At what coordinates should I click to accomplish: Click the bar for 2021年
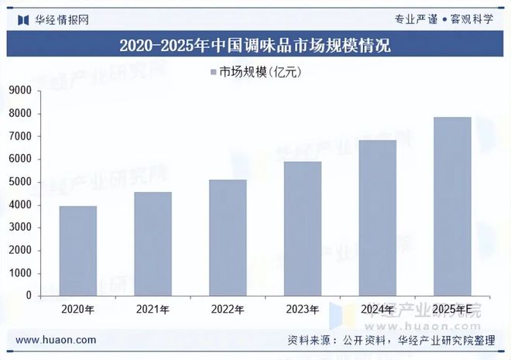(x=153, y=244)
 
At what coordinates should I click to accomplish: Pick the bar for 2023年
(x=303, y=228)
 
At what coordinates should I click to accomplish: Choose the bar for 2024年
(x=377, y=218)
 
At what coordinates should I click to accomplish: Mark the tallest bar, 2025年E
(x=452, y=207)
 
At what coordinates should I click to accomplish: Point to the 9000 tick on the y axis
(x=19, y=91)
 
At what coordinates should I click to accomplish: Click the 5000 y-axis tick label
(x=19, y=182)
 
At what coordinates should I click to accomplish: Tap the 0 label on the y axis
(x=28, y=296)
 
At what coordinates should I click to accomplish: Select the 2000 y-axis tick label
(x=19, y=250)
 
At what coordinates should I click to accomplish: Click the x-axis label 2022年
(x=228, y=310)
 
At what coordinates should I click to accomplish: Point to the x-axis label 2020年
(x=79, y=310)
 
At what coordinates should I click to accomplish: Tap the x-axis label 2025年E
(x=452, y=310)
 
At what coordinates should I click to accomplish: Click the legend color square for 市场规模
(x=213, y=73)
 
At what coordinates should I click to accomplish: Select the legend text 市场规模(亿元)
(x=260, y=73)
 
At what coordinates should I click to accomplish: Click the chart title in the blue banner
(x=256, y=45)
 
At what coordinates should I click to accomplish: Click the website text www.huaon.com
(x=56, y=340)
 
